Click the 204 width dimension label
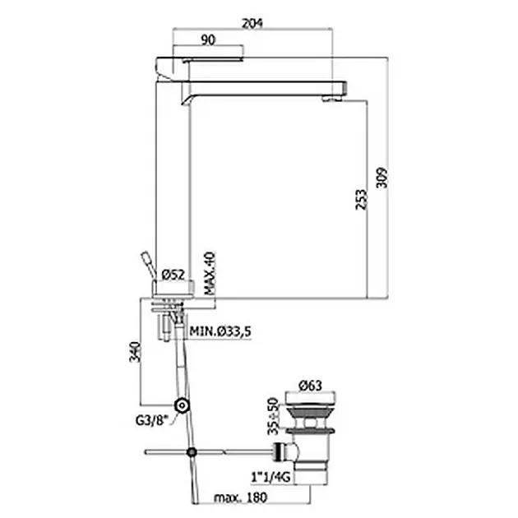pos(252,24)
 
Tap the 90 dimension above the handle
pos(208,40)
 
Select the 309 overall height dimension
pos(382,178)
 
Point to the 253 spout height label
pos(361,199)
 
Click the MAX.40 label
pos(210,273)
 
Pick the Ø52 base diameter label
pos(173,275)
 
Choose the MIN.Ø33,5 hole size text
pos(220,331)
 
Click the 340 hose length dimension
pos(135,352)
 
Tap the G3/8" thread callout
pos(152,420)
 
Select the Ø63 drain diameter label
pos(310,386)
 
